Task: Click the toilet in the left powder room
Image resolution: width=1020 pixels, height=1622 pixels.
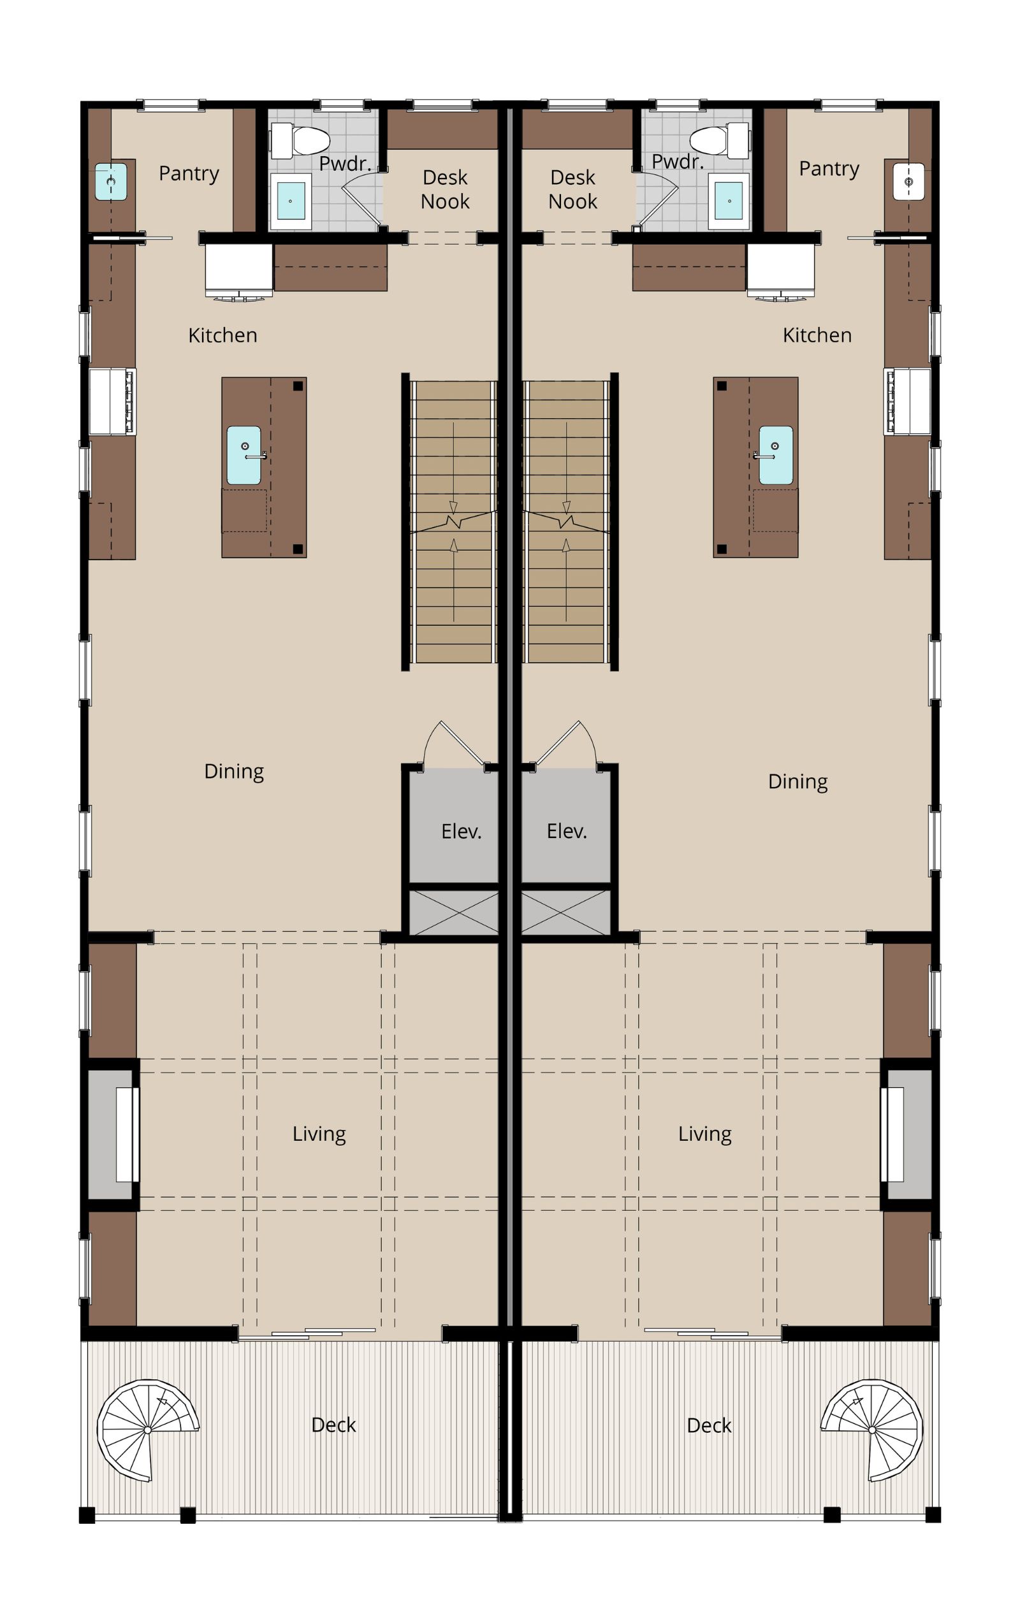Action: tap(300, 140)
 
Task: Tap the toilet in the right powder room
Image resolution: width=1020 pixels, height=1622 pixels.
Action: tap(720, 140)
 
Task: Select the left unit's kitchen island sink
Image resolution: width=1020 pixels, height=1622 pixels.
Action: tap(244, 455)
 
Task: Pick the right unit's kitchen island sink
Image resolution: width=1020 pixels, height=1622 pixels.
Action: tap(775, 455)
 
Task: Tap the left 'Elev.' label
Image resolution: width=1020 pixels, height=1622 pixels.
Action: tap(462, 831)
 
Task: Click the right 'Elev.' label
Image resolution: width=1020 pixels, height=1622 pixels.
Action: tap(567, 831)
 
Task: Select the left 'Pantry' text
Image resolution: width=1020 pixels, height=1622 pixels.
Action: tap(189, 174)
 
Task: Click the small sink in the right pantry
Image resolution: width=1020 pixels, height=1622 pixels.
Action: tap(909, 181)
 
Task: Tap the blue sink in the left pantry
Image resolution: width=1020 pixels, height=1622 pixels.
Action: tap(111, 181)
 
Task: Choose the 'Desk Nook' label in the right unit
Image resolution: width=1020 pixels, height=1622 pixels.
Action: tap(572, 189)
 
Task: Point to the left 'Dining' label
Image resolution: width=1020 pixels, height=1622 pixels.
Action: tap(234, 771)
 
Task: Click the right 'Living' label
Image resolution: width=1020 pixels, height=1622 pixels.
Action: tap(704, 1134)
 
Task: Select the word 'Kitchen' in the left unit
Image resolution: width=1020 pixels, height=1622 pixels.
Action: tap(222, 335)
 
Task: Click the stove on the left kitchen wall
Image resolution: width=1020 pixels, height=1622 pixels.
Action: tap(112, 402)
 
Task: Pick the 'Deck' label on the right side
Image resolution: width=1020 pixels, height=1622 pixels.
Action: tap(709, 1425)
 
